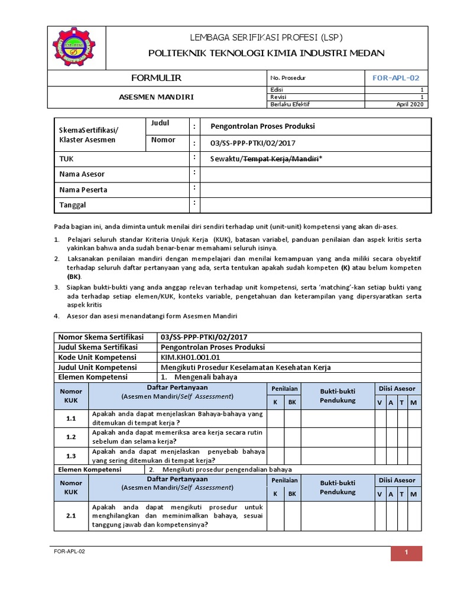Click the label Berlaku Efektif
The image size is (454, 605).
(x=290, y=104)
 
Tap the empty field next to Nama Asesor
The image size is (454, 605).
(x=316, y=174)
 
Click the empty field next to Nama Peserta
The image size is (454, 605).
(x=316, y=190)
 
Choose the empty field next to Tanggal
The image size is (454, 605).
(x=316, y=205)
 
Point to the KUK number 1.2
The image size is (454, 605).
(x=72, y=437)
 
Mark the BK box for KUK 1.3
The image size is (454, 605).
(x=292, y=456)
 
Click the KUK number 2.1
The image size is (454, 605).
(x=72, y=516)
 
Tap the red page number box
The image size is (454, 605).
(x=406, y=552)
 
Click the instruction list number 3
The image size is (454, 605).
(x=57, y=287)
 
